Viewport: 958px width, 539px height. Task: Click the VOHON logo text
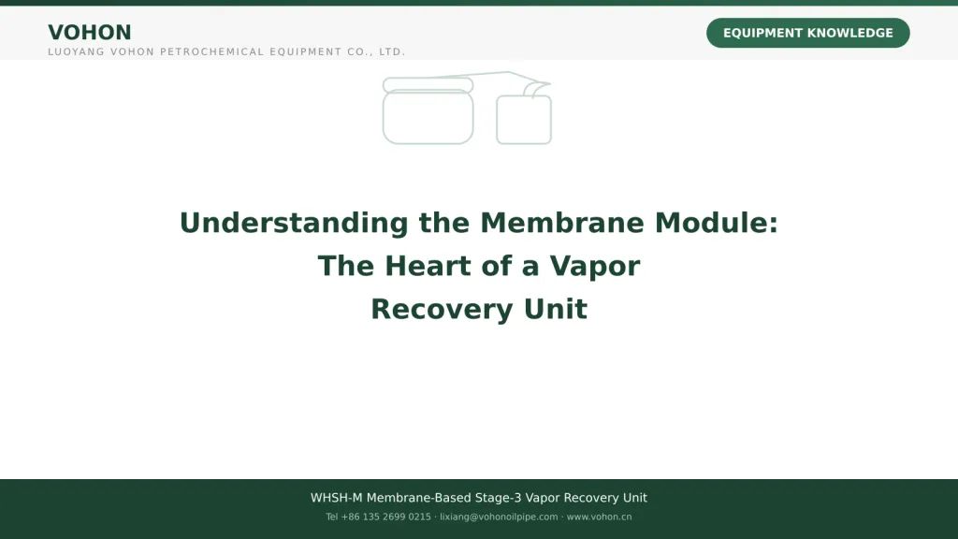(89, 33)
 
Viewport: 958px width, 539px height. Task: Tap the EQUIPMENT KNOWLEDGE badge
(807, 33)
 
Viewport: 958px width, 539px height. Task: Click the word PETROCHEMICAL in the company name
(211, 52)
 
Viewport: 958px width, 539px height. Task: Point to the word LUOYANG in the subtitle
(77, 52)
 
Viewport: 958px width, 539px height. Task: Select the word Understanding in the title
(294, 223)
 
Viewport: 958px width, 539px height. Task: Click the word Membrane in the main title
(562, 223)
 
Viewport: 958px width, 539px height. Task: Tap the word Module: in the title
(717, 223)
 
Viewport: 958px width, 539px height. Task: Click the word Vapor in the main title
(594, 267)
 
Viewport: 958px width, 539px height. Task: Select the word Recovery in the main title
(442, 309)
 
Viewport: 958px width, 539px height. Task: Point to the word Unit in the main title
(556, 309)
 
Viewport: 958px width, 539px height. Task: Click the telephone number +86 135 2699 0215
(385, 517)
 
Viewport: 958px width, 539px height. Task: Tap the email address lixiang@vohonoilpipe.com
(499, 517)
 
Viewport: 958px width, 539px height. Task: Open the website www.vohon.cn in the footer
(599, 517)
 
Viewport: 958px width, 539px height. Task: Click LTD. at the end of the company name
(392, 52)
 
